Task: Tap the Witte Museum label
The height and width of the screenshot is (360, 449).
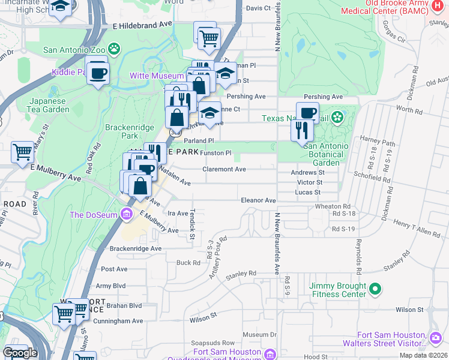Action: point(157,76)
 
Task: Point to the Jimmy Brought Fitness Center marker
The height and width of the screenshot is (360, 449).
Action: point(375,290)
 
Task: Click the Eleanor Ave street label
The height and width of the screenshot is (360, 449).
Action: point(258,200)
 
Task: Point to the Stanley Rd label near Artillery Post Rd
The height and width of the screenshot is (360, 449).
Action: point(241,274)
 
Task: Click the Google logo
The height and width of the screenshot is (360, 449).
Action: point(20,353)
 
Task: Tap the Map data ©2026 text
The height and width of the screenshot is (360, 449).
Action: point(423,355)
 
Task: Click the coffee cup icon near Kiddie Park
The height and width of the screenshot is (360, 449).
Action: point(97,73)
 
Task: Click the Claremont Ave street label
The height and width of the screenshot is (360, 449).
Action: point(224,169)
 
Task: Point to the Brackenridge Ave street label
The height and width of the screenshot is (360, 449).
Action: point(136,248)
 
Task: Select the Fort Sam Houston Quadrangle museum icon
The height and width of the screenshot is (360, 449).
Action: point(270,353)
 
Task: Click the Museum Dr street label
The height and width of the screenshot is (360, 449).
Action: point(259,335)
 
